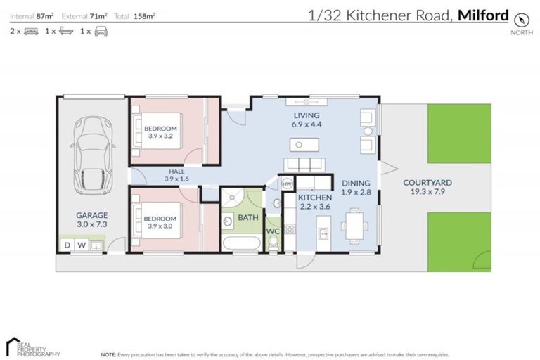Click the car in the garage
pos(92,155)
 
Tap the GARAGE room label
pos(92,219)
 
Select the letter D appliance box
pos(67,245)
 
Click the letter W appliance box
pos(81,245)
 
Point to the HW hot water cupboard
pos(287,184)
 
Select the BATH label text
pos(247,218)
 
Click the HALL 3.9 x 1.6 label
pos(177,175)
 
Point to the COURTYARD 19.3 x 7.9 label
pos(427,187)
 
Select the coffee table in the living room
pos(303,145)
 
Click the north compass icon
pos(521,19)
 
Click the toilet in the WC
pos(273,243)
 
